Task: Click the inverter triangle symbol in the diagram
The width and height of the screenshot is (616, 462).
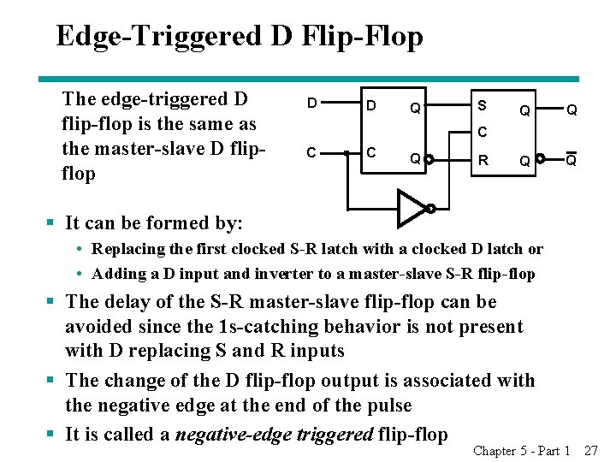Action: click(412, 207)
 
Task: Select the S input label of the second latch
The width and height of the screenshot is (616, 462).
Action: click(483, 106)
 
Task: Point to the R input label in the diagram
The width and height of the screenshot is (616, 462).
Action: click(483, 159)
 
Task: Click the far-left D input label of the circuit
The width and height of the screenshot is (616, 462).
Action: click(312, 104)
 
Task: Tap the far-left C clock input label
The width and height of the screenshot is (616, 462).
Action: click(312, 153)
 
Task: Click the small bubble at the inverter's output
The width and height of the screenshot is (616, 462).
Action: click(431, 208)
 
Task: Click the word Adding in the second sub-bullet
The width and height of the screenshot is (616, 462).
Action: click(117, 274)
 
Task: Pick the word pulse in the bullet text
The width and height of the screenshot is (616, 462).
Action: click(385, 405)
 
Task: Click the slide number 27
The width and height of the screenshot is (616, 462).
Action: click(590, 450)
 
